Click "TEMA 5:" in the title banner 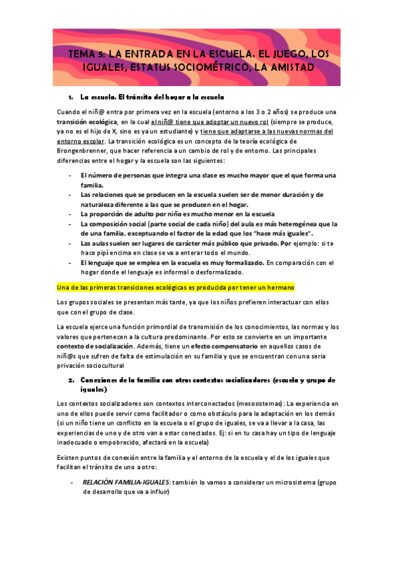(88, 54)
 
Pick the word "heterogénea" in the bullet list (295, 224)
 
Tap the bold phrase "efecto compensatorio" (212, 346)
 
